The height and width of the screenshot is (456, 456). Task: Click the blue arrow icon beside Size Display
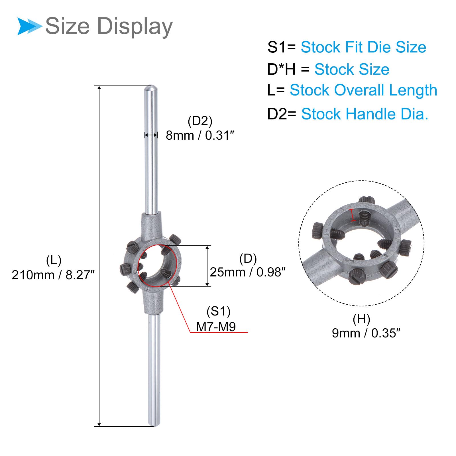pos(29,26)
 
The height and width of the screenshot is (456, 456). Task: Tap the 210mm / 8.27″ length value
pos(53,275)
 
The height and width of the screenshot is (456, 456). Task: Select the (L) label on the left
pos(54,260)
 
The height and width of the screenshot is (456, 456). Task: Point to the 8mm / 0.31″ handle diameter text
pos(200,135)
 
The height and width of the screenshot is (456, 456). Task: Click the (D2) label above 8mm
pos(200,121)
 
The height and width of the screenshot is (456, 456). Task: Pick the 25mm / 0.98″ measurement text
pos(247,272)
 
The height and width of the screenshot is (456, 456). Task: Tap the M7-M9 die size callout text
pos(216,327)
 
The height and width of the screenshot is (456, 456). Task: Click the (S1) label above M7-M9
pos(218,311)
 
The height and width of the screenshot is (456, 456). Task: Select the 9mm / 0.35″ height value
pos(366,333)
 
